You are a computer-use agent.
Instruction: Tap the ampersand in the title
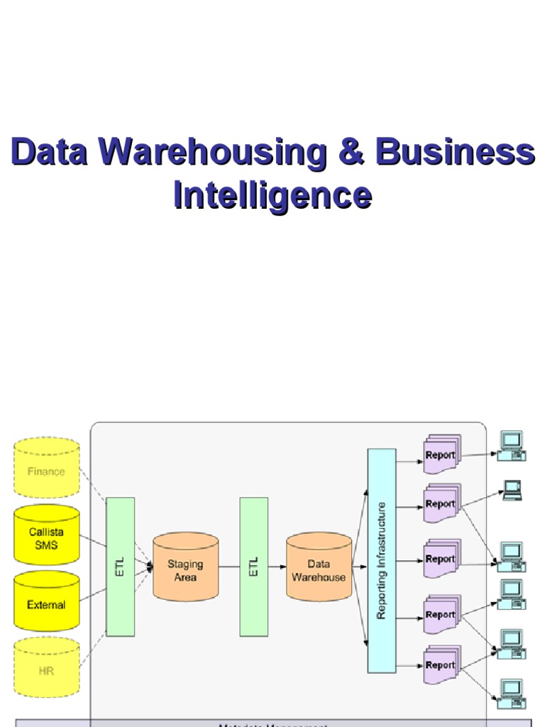click(x=351, y=153)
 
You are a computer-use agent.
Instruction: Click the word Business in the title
click(x=454, y=153)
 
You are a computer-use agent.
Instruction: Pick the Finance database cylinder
click(x=46, y=469)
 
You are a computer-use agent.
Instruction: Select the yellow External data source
click(x=46, y=603)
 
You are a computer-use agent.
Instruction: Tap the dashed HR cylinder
click(x=46, y=669)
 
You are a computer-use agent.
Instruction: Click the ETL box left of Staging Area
click(x=120, y=567)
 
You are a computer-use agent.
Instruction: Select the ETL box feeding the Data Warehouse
click(x=253, y=567)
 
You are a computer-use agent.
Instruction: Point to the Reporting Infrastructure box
click(x=381, y=561)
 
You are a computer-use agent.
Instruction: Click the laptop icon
click(x=512, y=490)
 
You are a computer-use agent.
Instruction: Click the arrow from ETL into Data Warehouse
click(x=277, y=567)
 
